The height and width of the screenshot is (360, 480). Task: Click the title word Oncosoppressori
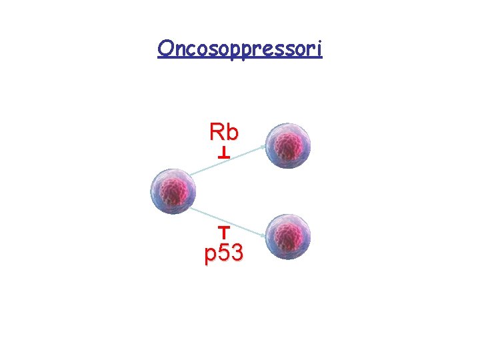(x=240, y=49)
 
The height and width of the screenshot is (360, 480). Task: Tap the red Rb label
(x=223, y=132)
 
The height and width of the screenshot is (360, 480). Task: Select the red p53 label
(x=224, y=253)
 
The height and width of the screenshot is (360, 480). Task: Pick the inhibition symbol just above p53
(x=224, y=231)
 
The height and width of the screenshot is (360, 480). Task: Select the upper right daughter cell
(x=288, y=145)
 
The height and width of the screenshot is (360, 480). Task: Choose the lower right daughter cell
(x=288, y=237)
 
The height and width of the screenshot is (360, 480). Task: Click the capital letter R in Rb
(x=217, y=132)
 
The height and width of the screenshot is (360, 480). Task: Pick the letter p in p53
(x=211, y=255)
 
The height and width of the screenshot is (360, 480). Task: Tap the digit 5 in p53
(x=225, y=253)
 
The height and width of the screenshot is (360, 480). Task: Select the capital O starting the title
(x=165, y=49)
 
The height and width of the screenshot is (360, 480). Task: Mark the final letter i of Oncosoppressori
(x=319, y=49)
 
